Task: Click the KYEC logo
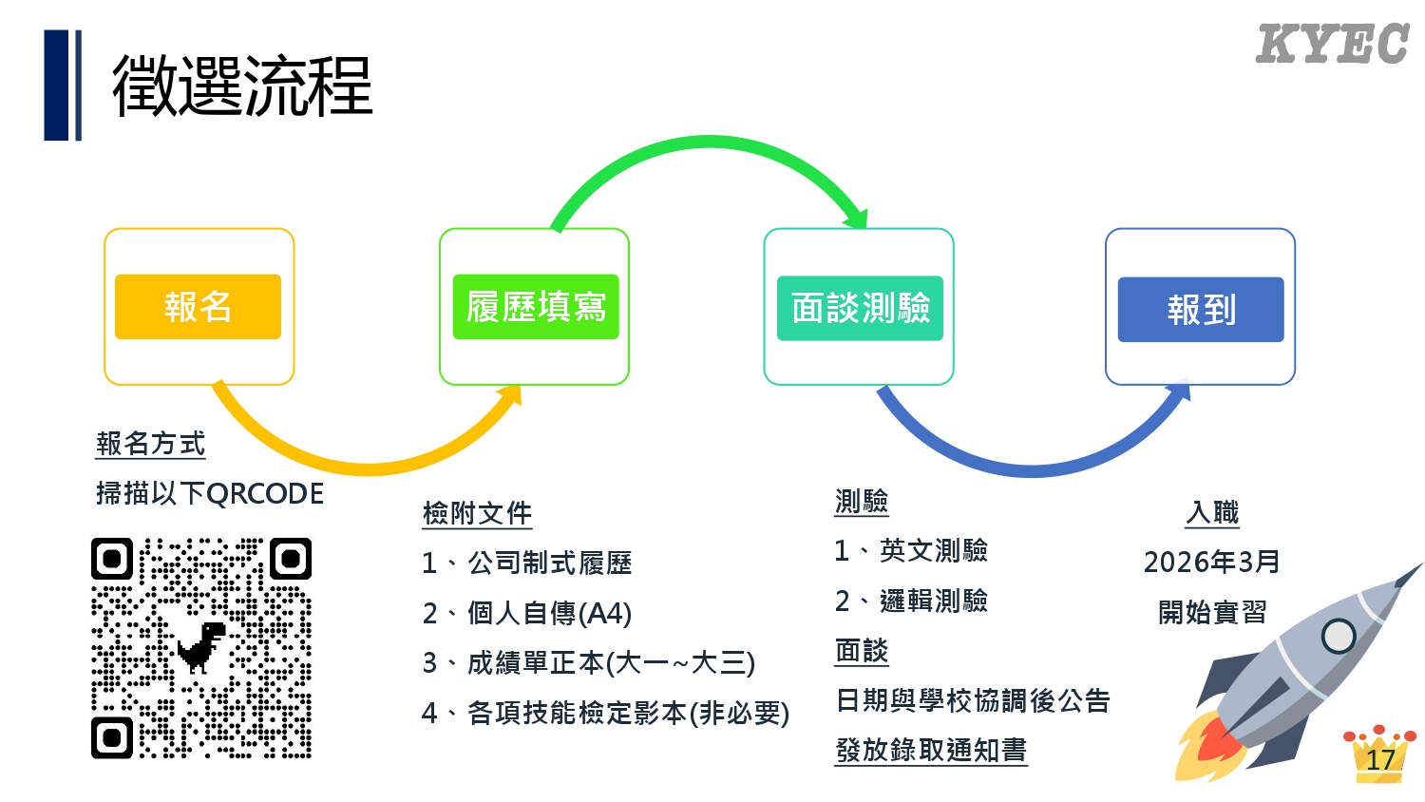pos(1331,45)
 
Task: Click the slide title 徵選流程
pos(242,86)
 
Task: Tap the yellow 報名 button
pos(198,307)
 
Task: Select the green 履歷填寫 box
pos(536,307)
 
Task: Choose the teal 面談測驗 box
pos(860,308)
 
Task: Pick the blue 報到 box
pos(1201,310)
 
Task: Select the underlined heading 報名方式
pos(150,444)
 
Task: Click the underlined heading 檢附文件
pos(477,513)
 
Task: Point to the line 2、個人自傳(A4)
pos(526,613)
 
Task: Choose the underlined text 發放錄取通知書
pos(931,750)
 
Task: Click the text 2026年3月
pos(1211,562)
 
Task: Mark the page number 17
pos(1380,759)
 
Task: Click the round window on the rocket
pos(1339,636)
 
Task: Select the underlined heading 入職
pos(1212,513)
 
